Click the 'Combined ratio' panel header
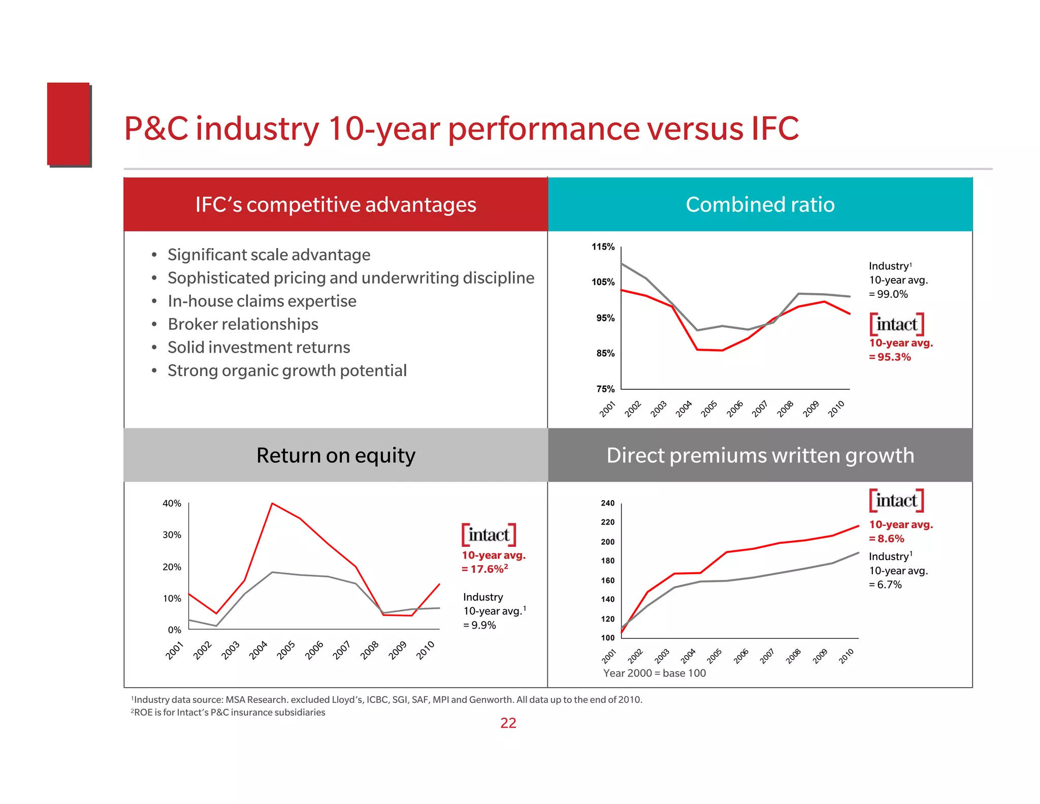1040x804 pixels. pos(760,204)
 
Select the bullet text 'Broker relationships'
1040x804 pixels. pos(243,324)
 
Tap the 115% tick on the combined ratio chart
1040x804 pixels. pos(603,247)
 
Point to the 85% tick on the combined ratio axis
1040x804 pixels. pos(605,353)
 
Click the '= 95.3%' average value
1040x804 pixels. pos(890,357)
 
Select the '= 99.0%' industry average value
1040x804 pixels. pos(888,294)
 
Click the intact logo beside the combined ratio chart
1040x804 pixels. pos(896,324)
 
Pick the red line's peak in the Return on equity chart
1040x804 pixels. pos(273,503)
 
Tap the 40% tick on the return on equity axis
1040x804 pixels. pos(172,504)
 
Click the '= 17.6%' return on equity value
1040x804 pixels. pos(484,569)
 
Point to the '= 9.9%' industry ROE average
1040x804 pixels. pos(479,625)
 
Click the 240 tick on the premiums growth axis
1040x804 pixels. pos(607,503)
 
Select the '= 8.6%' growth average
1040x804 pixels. pos(887,539)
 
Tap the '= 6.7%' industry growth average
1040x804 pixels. pos(885,585)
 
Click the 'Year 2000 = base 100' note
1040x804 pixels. pos(654,673)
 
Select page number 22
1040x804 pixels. pos(508,723)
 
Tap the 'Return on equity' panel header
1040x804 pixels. pos(336,455)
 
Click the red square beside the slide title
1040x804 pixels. pos(69,124)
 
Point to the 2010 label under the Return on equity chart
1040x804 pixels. pos(426,650)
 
